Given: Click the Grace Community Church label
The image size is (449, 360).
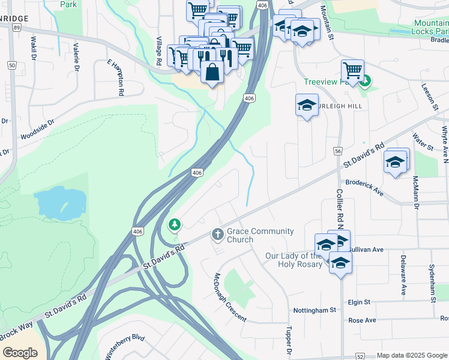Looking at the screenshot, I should click(260, 235).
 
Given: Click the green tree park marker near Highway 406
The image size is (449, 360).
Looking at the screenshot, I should click(175, 224).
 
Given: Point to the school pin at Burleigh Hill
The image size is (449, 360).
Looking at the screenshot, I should click(307, 106).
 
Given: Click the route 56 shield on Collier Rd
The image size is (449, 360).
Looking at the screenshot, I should click(339, 151).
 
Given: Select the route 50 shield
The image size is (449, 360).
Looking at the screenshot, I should click(11, 65).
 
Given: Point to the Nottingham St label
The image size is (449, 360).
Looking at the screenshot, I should click(314, 310).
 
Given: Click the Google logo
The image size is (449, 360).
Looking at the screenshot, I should click(20, 352).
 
